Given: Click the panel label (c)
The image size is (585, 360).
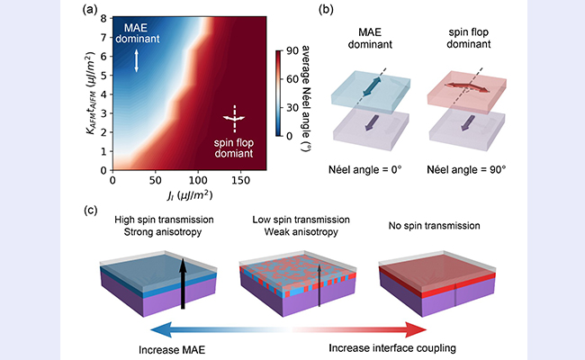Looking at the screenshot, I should [x=89, y=210].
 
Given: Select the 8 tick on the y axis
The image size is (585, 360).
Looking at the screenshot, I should [x=103, y=16].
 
